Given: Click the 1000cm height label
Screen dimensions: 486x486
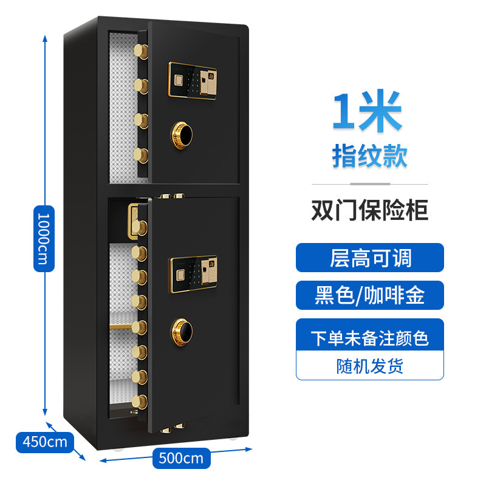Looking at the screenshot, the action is point(40,239).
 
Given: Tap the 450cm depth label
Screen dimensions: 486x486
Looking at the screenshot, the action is point(41,440).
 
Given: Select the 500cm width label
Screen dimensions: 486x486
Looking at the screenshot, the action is point(180,457).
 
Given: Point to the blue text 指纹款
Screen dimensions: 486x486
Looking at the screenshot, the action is point(369,155).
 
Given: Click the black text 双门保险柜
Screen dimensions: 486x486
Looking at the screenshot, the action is point(369,211).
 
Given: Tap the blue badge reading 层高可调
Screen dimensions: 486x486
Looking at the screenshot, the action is point(369,257).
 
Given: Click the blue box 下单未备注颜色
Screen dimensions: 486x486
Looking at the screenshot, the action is point(369,337).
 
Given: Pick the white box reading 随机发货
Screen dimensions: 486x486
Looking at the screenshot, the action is point(369,366).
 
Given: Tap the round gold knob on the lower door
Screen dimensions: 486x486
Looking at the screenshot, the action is point(181,328).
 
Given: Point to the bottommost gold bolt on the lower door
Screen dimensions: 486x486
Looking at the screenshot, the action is point(140,402).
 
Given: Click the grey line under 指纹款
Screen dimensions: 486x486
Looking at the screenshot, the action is point(369,184).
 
